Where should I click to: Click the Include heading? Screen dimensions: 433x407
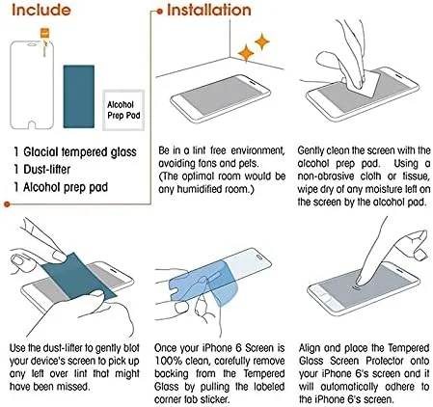[41, 10]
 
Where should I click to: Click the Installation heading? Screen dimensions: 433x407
[209, 10]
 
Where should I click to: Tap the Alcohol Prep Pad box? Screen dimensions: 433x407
[123, 110]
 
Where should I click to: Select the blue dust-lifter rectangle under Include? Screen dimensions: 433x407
[79, 96]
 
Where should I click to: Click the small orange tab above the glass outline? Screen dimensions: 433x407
[45, 33]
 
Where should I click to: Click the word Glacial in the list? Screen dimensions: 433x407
[41, 152]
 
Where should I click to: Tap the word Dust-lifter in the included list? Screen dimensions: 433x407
[46, 170]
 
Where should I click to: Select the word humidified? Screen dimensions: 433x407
[199, 189]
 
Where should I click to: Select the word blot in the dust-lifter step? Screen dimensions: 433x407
[131, 348]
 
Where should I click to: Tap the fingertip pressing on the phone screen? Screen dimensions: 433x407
[363, 282]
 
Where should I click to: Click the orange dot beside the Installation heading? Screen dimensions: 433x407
[160, 12]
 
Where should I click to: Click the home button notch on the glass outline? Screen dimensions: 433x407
[32, 124]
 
